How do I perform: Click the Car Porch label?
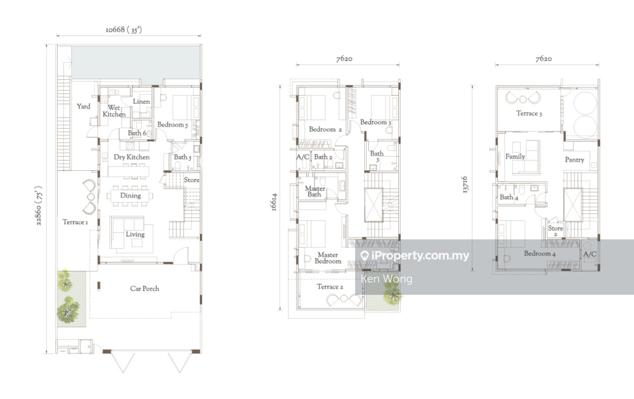pyautogui.click(x=145, y=289)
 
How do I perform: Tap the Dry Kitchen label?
pyautogui.click(x=132, y=157)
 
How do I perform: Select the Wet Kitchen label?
pyautogui.click(x=114, y=111)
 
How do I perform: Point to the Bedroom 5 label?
pyautogui.click(x=172, y=125)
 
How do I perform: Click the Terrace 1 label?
pyautogui.click(x=75, y=222)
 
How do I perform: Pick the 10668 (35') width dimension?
pyautogui.click(x=124, y=30)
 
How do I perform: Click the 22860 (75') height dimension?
pyautogui.click(x=39, y=206)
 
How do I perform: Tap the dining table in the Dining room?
pyautogui.click(x=130, y=196)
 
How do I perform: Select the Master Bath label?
pyautogui.click(x=315, y=191)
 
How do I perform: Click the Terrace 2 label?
pyautogui.click(x=330, y=287)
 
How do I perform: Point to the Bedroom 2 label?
pyautogui.click(x=325, y=129)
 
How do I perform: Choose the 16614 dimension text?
pyautogui.click(x=274, y=202)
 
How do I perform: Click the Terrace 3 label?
pyautogui.click(x=529, y=113)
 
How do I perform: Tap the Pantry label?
pyautogui.click(x=575, y=160)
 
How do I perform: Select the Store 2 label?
pyautogui.click(x=556, y=231)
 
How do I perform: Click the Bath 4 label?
pyautogui.click(x=509, y=197)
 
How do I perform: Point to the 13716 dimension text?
pyautogui.click(x=465, y=185)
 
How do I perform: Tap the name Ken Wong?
pyautogui.click(x=387, y=279)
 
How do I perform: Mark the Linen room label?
pyautogui.click(x=141, y=102)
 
